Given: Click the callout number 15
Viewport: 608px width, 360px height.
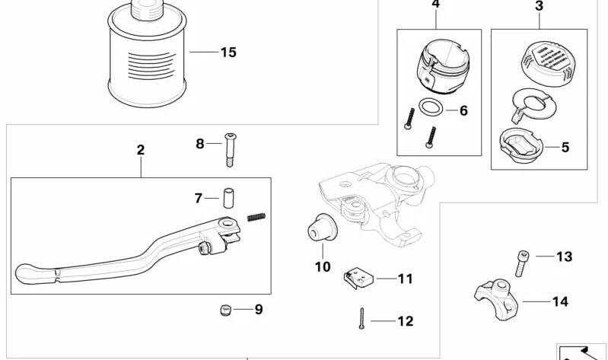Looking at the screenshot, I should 228,53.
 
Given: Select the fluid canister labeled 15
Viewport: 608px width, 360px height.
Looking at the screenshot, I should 146,57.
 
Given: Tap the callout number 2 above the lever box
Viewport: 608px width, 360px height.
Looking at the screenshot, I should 141,150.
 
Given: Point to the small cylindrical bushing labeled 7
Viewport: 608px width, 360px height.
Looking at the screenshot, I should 226,198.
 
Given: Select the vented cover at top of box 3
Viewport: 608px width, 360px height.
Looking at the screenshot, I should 542,59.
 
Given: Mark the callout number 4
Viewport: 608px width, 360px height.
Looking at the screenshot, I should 435,5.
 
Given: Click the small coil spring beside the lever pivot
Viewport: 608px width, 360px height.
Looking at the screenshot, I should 258,217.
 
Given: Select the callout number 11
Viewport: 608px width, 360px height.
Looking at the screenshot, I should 405,279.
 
